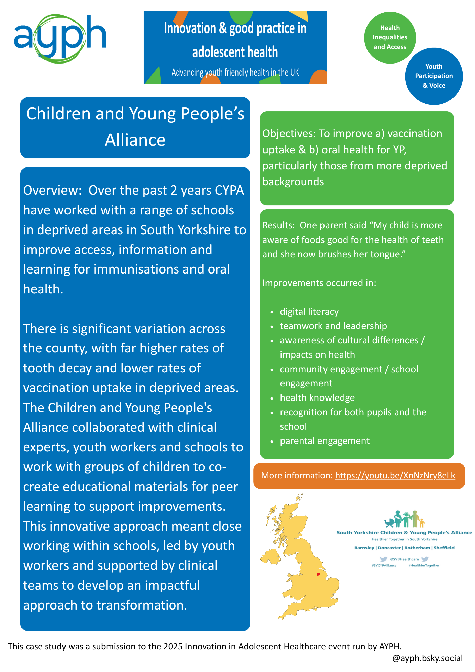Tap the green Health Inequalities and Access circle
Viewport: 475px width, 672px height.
(390, 38)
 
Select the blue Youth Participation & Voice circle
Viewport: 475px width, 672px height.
(434, 76)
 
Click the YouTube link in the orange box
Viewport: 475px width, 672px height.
(395, 475)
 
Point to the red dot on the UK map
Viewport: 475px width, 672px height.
(318, 574)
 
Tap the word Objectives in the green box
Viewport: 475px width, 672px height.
(289, 134)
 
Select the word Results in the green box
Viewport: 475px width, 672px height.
(278, 225)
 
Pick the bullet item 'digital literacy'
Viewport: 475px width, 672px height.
(309, 312)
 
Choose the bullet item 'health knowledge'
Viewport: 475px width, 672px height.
(317, 398)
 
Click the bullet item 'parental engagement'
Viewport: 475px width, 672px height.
(325, 441)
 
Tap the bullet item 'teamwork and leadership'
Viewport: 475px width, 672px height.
(333, 326)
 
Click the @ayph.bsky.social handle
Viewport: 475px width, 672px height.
(427, 658)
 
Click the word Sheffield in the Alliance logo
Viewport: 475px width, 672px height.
(444, 548)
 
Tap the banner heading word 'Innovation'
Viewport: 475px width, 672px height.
(190, 28)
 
